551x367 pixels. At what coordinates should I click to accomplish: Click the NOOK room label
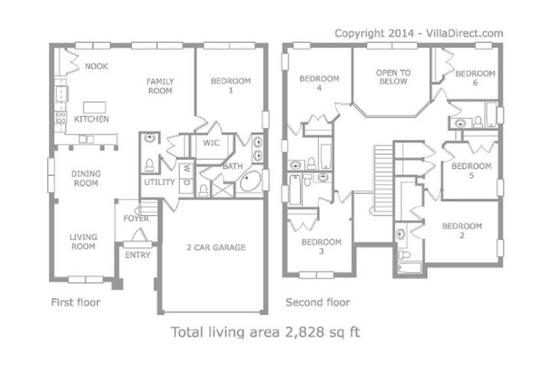point(96,66)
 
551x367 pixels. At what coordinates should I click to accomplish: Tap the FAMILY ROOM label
point(160,86)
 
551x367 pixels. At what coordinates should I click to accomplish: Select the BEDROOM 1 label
point(231,86)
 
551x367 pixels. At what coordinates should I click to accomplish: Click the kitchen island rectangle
point(95,107)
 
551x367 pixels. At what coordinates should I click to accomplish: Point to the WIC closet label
point(211,143)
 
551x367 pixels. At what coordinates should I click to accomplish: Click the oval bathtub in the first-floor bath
point(250,181)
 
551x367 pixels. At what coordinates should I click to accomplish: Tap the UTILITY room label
point(159,182)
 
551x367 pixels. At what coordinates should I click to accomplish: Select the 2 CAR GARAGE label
point(216,247)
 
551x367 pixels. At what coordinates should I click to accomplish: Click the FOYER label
point(136,219)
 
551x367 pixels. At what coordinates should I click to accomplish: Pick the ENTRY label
point(138,255)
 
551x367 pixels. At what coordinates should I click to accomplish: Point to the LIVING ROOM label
point(83,242)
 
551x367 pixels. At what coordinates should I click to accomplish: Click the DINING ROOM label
point(86,178)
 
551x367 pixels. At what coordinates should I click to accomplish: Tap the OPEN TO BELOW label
point(393,77)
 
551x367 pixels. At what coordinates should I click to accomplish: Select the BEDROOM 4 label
point(319,83)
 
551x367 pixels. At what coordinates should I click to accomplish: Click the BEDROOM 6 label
point(475,78)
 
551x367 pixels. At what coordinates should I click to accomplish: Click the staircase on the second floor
point(383,178)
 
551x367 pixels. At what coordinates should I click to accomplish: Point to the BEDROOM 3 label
point(321,246)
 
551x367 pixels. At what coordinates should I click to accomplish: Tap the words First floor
point(76,302)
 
